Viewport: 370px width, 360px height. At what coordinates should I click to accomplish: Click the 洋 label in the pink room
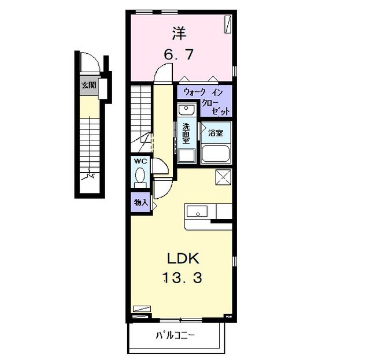point(180,33)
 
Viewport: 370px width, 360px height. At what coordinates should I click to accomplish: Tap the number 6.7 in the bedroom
point(180,56)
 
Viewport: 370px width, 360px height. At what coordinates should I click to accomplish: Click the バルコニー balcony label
point(175,335)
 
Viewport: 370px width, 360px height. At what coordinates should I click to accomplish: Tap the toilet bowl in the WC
point(140,175)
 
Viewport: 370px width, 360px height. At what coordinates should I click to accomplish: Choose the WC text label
point(140,161)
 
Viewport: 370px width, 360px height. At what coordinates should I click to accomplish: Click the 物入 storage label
point(140,203)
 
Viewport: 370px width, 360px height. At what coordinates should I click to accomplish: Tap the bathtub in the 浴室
point(216,154)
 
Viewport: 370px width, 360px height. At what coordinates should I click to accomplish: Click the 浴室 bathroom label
point(216,133)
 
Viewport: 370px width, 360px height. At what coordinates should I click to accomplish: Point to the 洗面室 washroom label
point(186,133)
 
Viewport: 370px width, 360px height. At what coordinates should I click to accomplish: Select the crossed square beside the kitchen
point(223,177)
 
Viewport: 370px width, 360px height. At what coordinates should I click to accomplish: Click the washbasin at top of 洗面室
point(187,110)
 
